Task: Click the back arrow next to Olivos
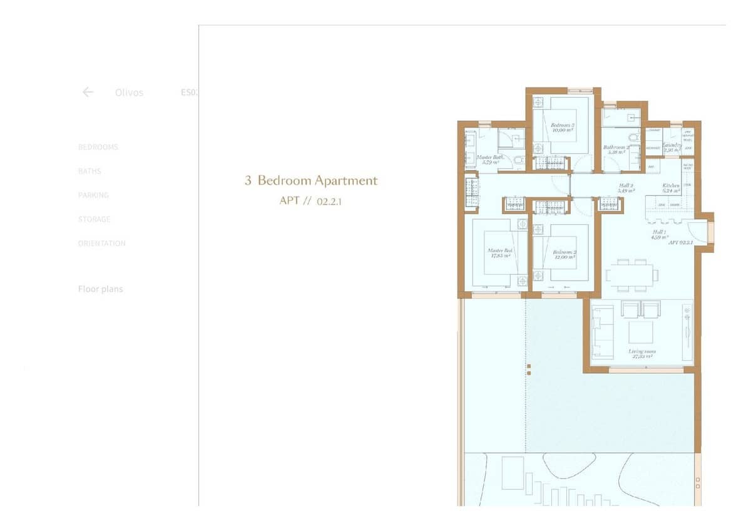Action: pos(88,92)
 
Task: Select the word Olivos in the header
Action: pos(129,93)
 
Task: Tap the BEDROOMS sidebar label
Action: pos(98,147)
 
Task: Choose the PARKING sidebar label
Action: pos(93,195)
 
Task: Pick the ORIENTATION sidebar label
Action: pos(101,244)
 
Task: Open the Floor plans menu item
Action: pos(100,289)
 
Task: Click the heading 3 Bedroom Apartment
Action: pos(311,181)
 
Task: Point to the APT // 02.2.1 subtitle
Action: pos(311,202)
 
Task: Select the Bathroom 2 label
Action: pos(616,148)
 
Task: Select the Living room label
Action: pos(642,352)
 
